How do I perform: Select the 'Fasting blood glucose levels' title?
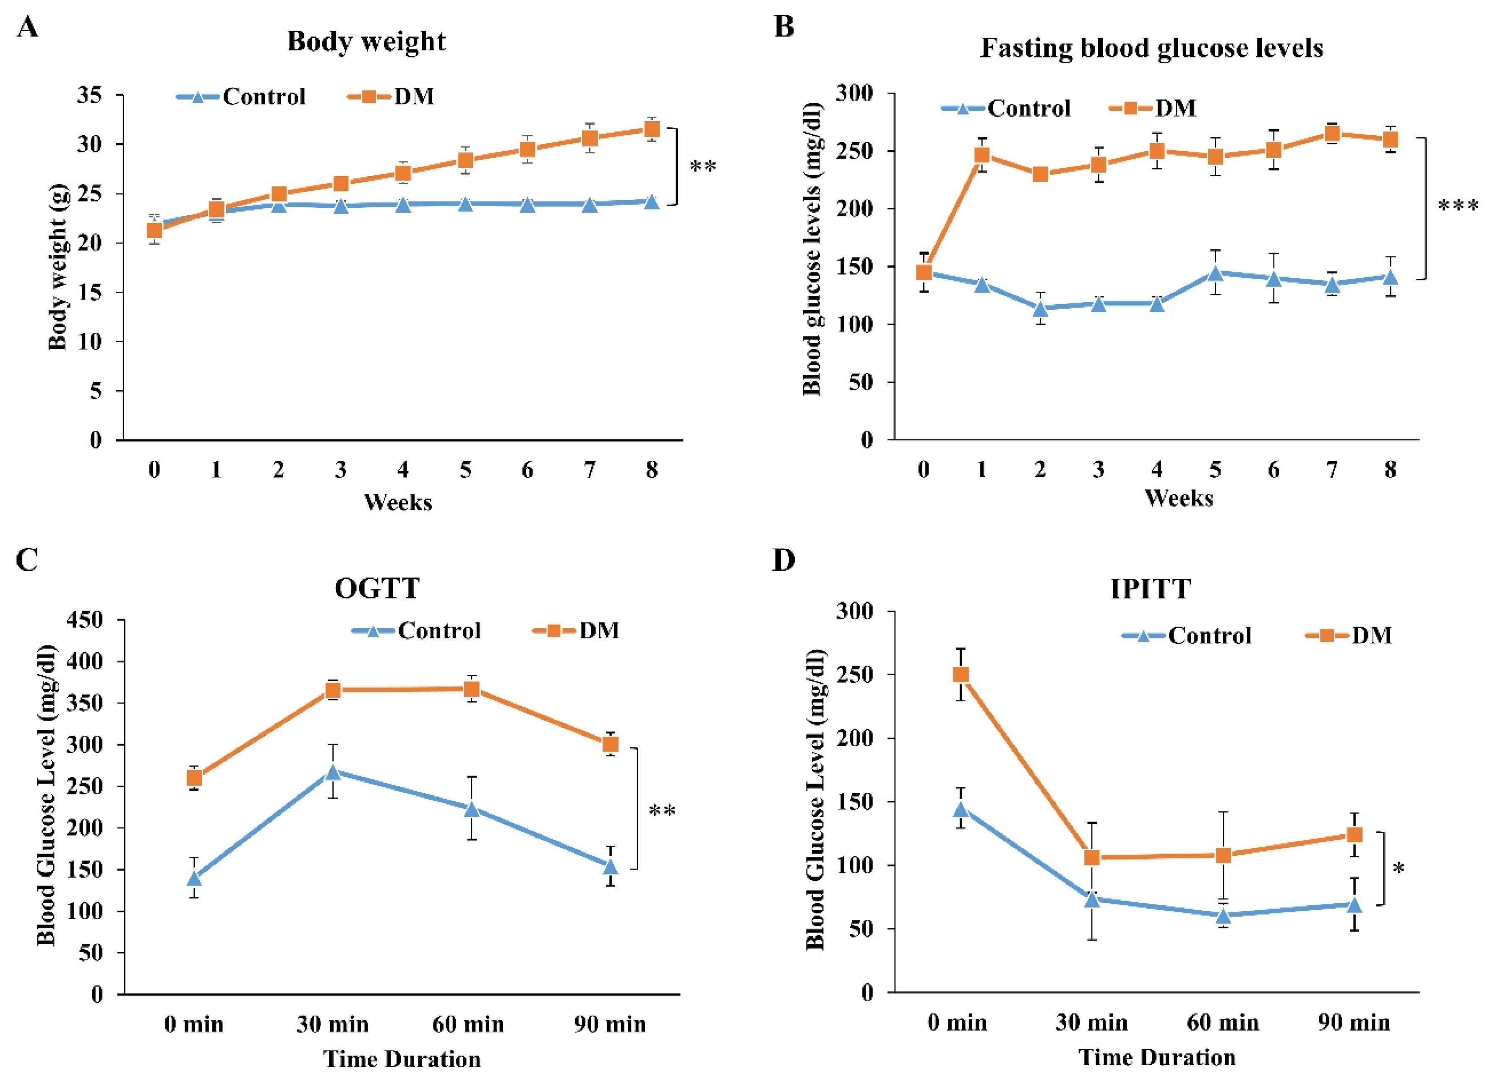point(1151,48)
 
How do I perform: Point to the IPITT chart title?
point(1151,589)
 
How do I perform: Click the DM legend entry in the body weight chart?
point(391,97)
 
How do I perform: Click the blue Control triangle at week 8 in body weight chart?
point(652,202)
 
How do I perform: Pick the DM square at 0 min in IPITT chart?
point(960,674)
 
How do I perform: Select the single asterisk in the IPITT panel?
point(1399,870)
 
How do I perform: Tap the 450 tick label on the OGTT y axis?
point(85,620)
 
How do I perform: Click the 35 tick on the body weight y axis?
point(90,96)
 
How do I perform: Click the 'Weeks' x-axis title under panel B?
point(1179,498)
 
